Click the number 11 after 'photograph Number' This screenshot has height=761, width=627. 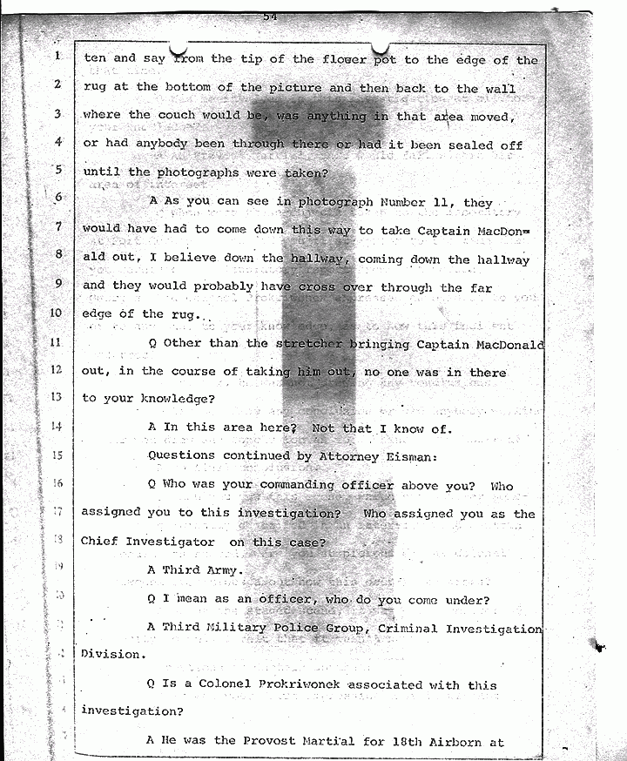(442, 202)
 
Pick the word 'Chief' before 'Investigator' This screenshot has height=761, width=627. (99, 542)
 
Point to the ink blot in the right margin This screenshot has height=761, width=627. (599, 645)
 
